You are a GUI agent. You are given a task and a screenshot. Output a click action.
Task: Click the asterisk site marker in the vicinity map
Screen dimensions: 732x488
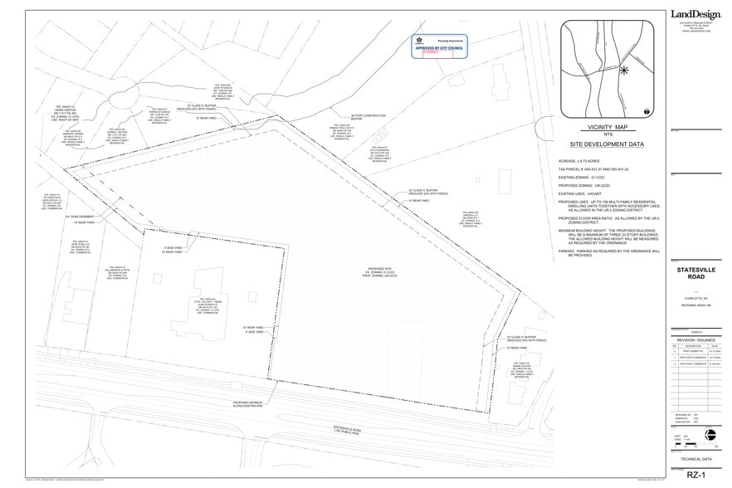tap(622, 70)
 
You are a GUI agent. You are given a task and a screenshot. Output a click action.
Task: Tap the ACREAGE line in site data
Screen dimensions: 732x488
tap(580, 161)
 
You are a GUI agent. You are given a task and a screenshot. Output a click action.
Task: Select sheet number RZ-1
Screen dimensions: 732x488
tap(695, 475)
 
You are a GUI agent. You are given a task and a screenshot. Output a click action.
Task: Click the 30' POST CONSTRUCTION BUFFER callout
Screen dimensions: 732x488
tap(367, 117)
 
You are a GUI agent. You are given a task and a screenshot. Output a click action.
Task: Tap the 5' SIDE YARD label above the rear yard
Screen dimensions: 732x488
tap(173, 247)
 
